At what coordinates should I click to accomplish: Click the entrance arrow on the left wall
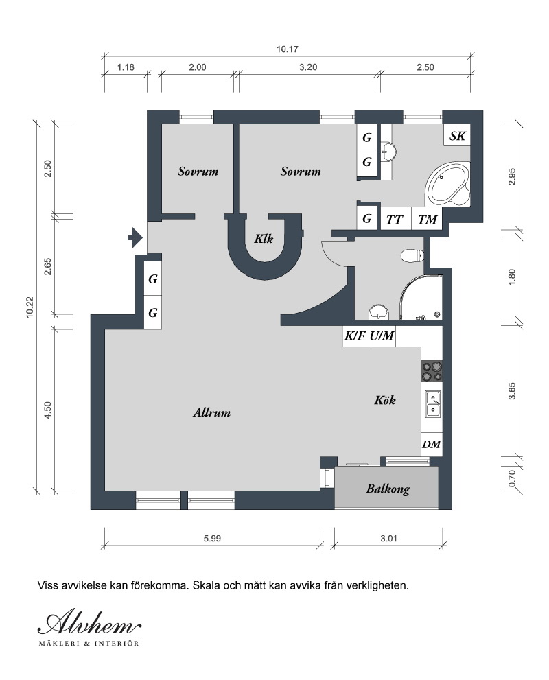pos(135,237)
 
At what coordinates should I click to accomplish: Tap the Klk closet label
pos(264,239)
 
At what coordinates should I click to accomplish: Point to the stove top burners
pos(432,371)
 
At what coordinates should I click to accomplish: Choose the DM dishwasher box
pos(432,444)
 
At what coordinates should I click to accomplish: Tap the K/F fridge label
pos(355,336)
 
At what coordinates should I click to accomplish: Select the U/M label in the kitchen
pos(382,336)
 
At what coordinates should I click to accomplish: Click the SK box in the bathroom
pos(457,136)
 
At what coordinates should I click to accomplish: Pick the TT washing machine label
pos(394,220)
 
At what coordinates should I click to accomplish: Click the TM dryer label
pos(427,220)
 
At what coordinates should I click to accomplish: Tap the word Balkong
pos(388,489)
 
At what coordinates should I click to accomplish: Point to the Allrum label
pos(211,412)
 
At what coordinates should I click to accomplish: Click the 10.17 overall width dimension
pos(288,49)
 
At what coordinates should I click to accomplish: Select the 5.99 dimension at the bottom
pos(213,538)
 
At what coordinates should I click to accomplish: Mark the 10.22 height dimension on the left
pos(30,307)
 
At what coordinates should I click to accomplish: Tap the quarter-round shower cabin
pos(421,298)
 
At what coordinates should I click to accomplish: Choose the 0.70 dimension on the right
pos(512,478)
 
